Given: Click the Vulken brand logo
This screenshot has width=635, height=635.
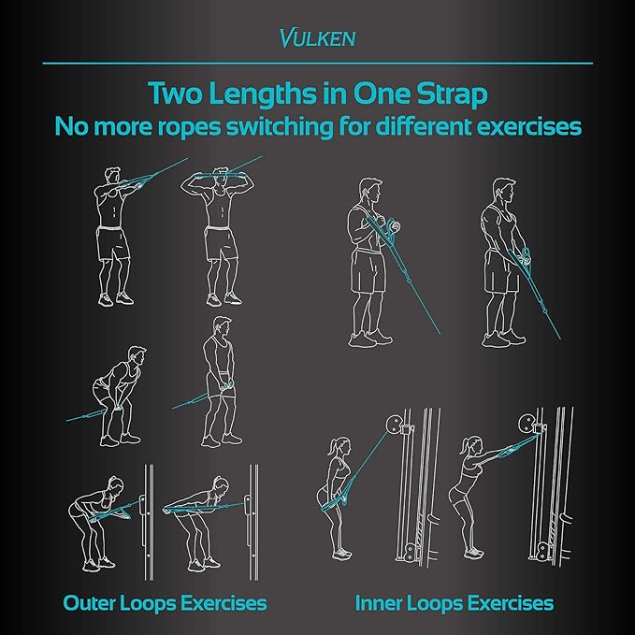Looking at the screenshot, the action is [x=318, y=38].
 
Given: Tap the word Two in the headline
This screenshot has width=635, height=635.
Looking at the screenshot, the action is [x=175, y=94].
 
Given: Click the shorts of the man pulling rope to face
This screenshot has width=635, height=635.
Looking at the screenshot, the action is [x=113, y=243].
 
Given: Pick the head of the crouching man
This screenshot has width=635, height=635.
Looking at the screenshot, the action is [x=137, y=355].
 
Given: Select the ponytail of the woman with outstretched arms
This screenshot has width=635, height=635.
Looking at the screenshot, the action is [x=464, y=445].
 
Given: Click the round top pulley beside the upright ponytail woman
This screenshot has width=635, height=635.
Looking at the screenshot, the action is [x=393, y=424].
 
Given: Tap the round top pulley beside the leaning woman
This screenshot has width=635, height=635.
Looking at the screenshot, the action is [x=527, y=424].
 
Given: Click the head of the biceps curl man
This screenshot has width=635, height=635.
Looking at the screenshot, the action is [x=370, y=190].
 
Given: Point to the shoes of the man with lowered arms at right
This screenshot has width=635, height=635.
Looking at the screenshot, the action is [x=504, y=339].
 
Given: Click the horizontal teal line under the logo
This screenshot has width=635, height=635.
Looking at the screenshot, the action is [x=318, y=64].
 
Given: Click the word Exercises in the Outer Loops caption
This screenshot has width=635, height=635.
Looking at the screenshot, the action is [x=224, y=602].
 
